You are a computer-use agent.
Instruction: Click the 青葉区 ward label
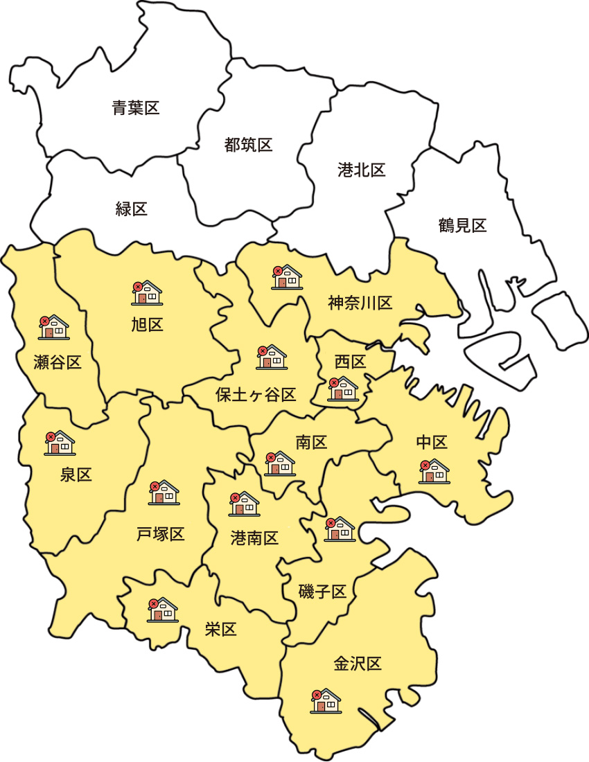tap(136, 107)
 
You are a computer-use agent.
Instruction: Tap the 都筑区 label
tap(248, 145)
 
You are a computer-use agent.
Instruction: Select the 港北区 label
tap(361, 170)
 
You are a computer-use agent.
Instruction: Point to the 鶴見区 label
tap(462, 225)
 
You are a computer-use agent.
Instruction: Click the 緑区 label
tap(131, 209)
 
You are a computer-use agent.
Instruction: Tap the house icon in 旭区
tap(146, 293)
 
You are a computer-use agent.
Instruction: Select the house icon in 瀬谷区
tap(53, 327)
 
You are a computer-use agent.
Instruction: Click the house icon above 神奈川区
tap(286, 277)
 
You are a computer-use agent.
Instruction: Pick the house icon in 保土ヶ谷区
tap(272, 357)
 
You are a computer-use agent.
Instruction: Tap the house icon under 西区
tap(342, 389)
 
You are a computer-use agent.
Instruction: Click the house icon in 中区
tap(434, 471)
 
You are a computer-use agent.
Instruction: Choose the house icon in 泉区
tap(60, 443)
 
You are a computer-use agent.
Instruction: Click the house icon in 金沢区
tap(326, 701)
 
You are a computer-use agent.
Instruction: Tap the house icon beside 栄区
tap(162, 609)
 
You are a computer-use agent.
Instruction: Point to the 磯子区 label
tap(322, 592)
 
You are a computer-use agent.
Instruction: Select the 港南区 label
tap(254, 538)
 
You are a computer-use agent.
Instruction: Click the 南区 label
tap(311, 443)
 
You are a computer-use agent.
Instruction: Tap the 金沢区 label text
tap(358, 664)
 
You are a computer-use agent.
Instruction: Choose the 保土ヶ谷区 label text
tap(256, 395)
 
